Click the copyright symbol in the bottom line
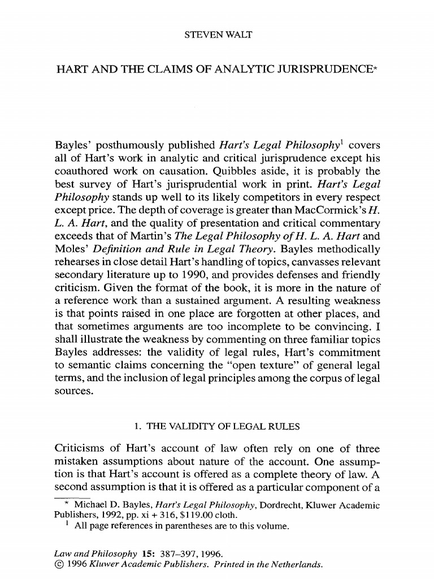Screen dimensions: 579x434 tap(59, 564)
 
